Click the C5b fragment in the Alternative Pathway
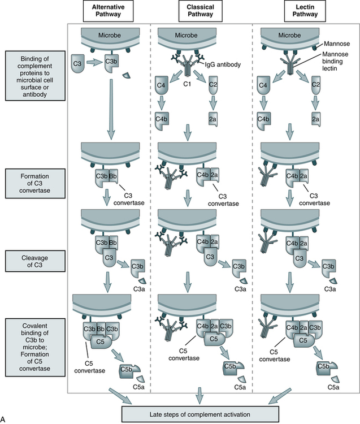click(127, 371)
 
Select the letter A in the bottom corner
click(4, 419)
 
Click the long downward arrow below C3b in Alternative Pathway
click(111, 107)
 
